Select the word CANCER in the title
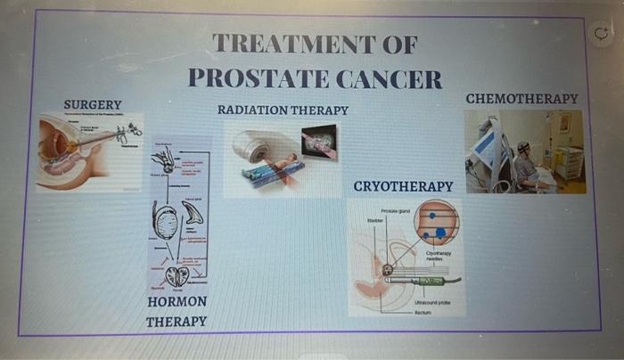[x=389, y=78]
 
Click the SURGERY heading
[x=93, y=105]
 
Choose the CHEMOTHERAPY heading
[x=521, y=98]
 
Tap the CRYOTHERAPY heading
[x=403, y=186]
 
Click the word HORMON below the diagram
[x=177, y=302]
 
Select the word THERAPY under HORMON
[x=177, y=322]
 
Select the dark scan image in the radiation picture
[x=319, y=142]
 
